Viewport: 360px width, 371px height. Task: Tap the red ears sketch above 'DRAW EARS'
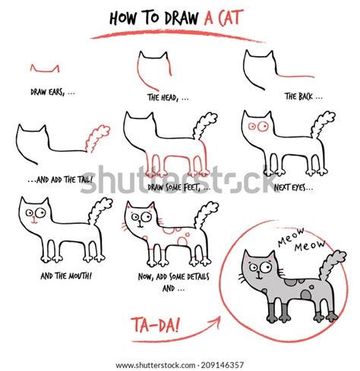(x=45, y=68)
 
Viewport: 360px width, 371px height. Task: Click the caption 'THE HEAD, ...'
(x=168, y=97)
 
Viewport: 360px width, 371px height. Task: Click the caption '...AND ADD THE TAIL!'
(x=65, y=180)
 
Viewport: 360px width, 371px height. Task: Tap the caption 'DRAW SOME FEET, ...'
(x=179, y=186)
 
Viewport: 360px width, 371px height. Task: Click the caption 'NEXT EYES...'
(x=294, y=186)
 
